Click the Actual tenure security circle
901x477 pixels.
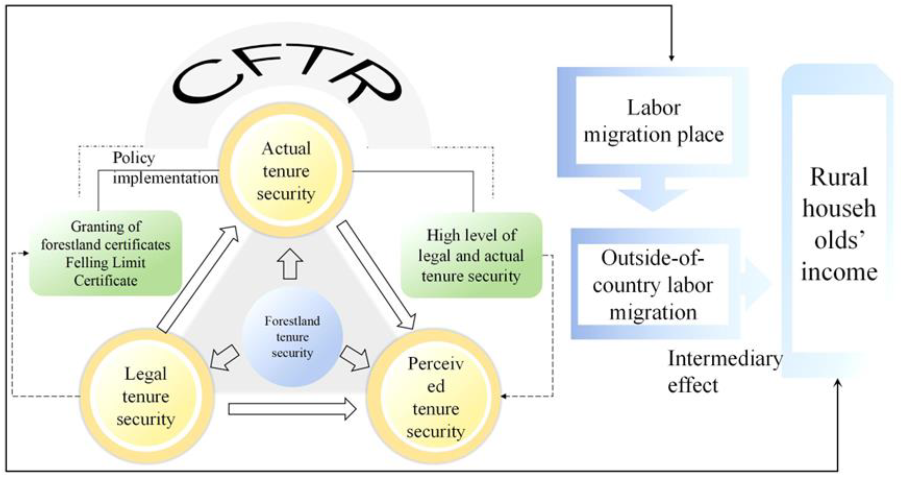pos(286,171)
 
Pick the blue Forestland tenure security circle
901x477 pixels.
pos(292,337)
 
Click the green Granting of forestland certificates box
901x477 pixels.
pos(106,253)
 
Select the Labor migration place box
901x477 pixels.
pos(653,121)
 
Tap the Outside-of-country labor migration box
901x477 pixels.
pos(653,284)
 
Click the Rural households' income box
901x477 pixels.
pos(839,224)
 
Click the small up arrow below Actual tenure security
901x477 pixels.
pos(290,264)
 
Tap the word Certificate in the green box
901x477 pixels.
pos(106,280)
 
